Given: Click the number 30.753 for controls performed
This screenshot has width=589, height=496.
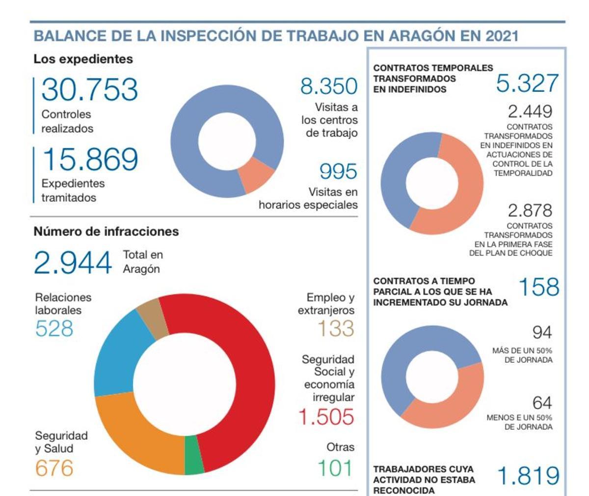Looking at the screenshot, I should [89, 89].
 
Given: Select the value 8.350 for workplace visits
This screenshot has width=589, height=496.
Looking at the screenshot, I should [329, 87].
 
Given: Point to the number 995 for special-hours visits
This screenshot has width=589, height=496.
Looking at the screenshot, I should [338, 172].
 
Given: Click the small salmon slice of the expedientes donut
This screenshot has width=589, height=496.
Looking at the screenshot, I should [255, 175].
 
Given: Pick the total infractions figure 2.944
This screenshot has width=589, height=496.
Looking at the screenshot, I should [73, 263].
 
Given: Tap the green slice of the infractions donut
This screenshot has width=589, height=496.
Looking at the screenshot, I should [194, 456].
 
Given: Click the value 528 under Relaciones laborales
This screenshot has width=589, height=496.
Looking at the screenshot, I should [54, 328].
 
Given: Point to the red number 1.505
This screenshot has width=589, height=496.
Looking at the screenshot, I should [326, 417].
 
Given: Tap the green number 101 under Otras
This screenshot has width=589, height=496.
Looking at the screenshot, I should [335, 468].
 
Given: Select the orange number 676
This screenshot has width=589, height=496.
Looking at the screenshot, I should [54, 468].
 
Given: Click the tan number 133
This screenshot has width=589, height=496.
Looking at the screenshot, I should [336, 328].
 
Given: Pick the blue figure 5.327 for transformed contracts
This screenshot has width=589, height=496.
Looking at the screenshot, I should [527, 83].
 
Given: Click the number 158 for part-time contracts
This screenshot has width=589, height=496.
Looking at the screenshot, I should [538, 288].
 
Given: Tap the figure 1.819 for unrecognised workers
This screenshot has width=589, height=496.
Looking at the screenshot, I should [528, 476].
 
